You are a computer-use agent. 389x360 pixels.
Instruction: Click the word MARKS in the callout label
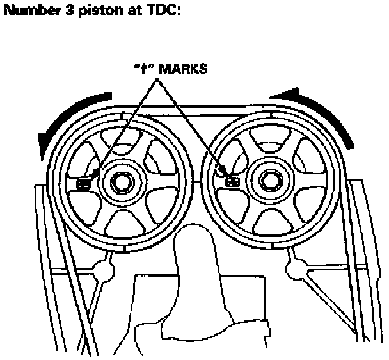pos(184,69)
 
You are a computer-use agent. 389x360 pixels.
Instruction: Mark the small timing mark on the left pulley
pos(83,183)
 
